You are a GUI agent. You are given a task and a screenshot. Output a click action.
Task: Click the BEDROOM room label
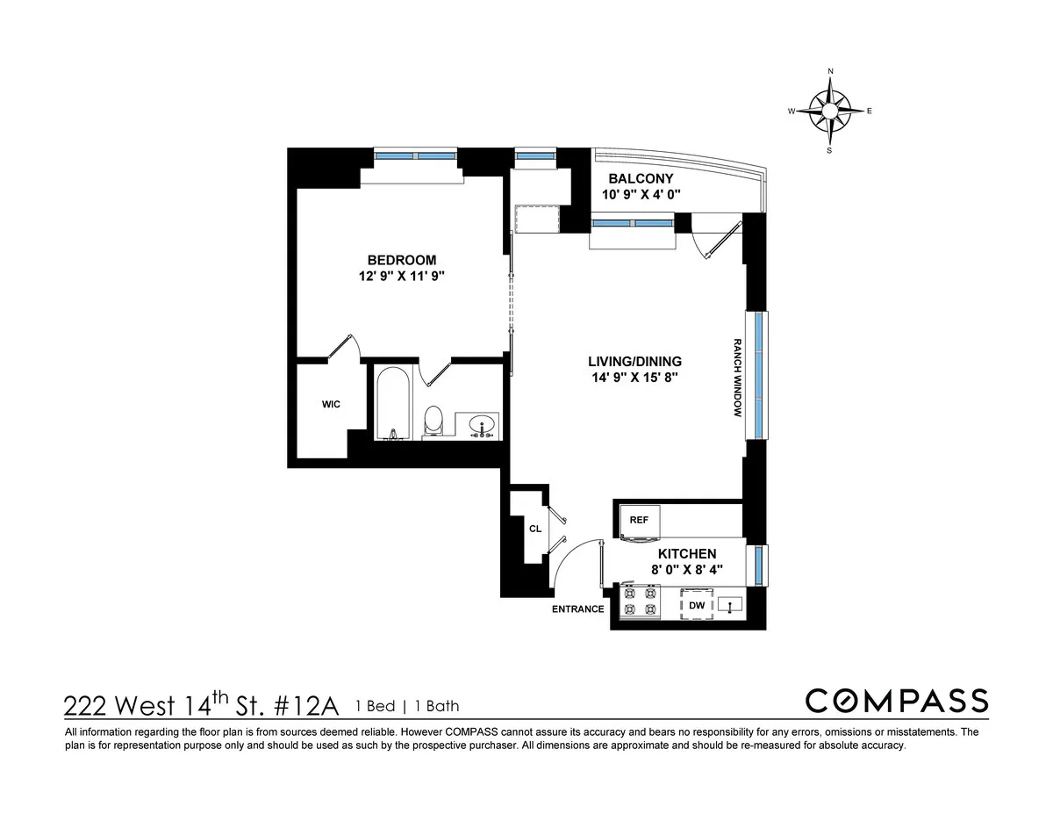click(x=401, y=260)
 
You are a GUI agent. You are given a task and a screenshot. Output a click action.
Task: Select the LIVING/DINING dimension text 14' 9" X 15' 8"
click(x=635, y=378)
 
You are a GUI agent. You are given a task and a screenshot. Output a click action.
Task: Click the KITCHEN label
click(x=688, y=554)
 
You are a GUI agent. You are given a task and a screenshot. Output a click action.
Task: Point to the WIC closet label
click(x=331, y=404)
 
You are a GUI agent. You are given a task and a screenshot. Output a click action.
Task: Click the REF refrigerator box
click(x=639, y=520)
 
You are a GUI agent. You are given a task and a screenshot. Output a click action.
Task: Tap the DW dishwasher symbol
click(x=697, y=605)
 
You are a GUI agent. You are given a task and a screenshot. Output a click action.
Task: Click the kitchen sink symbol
click(x=730, y=604)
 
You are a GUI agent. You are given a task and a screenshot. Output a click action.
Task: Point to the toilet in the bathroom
click(x=433, y=421)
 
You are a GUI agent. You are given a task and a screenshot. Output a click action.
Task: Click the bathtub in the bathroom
click(x=391, y=405)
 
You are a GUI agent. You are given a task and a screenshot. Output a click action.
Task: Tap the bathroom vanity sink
click(x=481, y=426)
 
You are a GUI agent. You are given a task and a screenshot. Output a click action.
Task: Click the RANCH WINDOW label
click(x=738, y=377)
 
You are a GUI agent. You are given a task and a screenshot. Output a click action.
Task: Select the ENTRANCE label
click(x=577, y=609)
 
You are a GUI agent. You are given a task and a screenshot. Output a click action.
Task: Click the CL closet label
click(x=534, y=529)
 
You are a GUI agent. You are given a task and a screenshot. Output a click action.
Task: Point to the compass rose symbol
click(x=830, y=111)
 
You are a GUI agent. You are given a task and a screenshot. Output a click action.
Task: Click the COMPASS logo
click(x=896, y=701)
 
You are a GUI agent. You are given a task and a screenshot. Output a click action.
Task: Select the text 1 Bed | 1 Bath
click(x=407, y=706)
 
